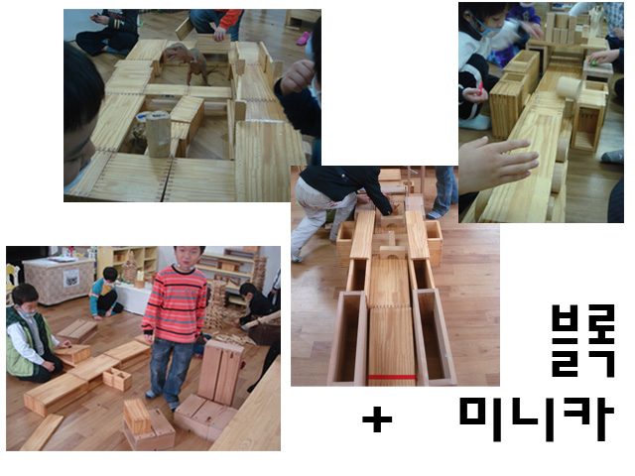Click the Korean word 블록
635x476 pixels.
click(583, 340)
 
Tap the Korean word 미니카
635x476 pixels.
click(537, 419)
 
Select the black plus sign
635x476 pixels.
click(377, 418)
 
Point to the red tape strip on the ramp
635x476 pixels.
click(392, 377)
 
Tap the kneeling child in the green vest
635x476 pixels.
click(32, 334)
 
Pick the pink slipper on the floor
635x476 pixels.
click(304, 38)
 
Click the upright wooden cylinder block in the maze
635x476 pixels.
click(158, 134)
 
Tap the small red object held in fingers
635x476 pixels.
click(480, 88)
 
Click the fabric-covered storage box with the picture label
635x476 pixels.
click(60, 281)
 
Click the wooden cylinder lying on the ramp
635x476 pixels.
click(569, 92)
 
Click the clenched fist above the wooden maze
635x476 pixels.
click(299, 76)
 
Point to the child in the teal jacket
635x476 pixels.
click(105, 294)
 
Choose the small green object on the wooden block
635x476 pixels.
click(593, 62)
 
